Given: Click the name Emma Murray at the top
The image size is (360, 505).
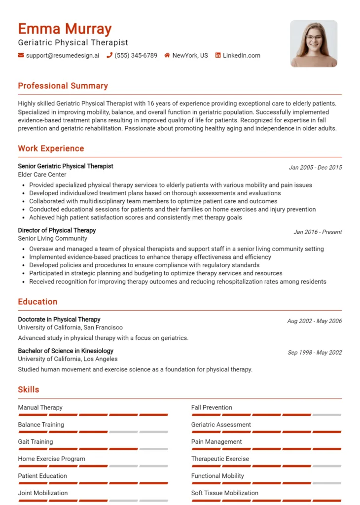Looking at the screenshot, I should (65, 29).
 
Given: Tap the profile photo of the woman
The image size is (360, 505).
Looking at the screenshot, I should (314, 43).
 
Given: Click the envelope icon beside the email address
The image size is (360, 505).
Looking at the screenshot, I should (21, 56).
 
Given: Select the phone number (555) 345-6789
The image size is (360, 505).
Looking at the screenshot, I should (136, 56).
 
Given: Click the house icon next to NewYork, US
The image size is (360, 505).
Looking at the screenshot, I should (167, 56).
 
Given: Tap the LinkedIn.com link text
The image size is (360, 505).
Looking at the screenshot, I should (241, 56).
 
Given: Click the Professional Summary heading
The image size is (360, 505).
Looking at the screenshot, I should (63, 86).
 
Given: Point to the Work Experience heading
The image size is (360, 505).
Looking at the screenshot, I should (51, 148).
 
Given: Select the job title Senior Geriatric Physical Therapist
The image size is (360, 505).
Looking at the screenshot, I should (66, 166).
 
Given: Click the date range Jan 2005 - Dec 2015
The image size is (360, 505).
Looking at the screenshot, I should (315, 168).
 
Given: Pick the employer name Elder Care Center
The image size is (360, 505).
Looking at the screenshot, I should (42, 175).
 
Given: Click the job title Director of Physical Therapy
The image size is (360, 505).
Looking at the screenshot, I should (57, 230).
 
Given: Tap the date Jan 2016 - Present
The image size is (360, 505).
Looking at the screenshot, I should (318, 232).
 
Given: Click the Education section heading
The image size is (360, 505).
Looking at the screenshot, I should (37, 302).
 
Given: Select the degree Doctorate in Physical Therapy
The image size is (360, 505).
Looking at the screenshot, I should (59, 320).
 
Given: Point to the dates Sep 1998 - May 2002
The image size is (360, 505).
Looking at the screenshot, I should (315, 353).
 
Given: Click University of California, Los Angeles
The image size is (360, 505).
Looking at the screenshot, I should (68, 359).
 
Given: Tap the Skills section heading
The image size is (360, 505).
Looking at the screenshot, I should (29, 390).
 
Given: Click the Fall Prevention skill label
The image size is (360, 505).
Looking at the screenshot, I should (212, 408).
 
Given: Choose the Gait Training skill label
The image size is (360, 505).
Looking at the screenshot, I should (36, 442).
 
